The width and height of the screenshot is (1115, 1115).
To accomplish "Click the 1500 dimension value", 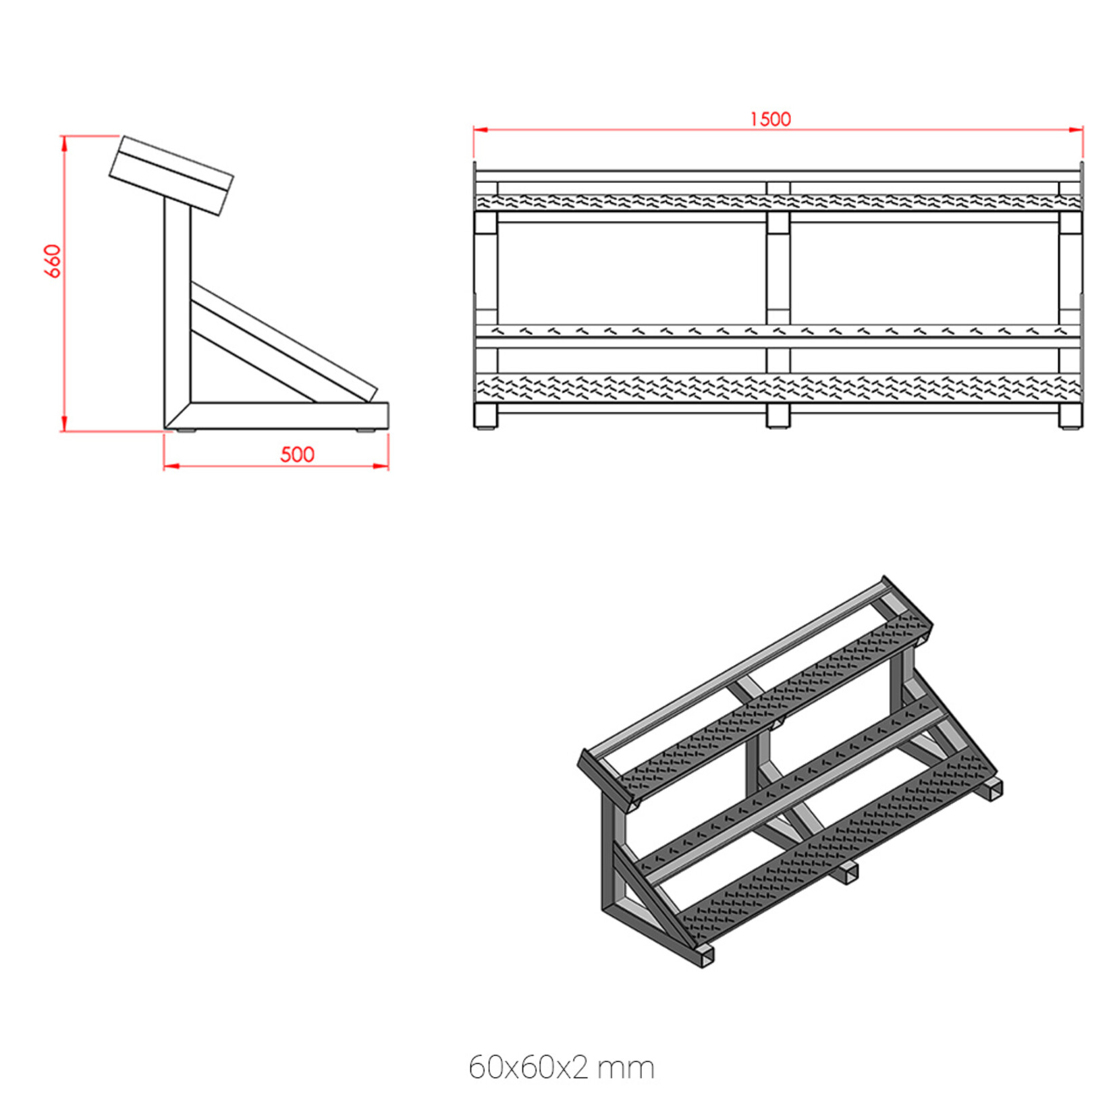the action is (x=770, y=119).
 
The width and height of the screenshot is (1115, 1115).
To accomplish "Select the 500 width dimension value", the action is (x=297, y=454).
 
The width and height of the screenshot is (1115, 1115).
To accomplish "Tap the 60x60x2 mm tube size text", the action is (x=561, y=1067).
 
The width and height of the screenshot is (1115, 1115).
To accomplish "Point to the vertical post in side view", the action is (x=178, y=304).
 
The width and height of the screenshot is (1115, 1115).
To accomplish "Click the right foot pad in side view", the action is (x=367, y=429).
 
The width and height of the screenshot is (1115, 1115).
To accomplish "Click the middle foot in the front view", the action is (x=778, y=416).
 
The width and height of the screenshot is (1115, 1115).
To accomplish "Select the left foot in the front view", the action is (x=485, y=416).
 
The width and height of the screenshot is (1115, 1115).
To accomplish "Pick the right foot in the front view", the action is (x=1070, y=416).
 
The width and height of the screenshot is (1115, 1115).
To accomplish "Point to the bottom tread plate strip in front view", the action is (x=778, y=386).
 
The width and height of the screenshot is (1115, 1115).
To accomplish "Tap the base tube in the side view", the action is (x=283, y=414).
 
